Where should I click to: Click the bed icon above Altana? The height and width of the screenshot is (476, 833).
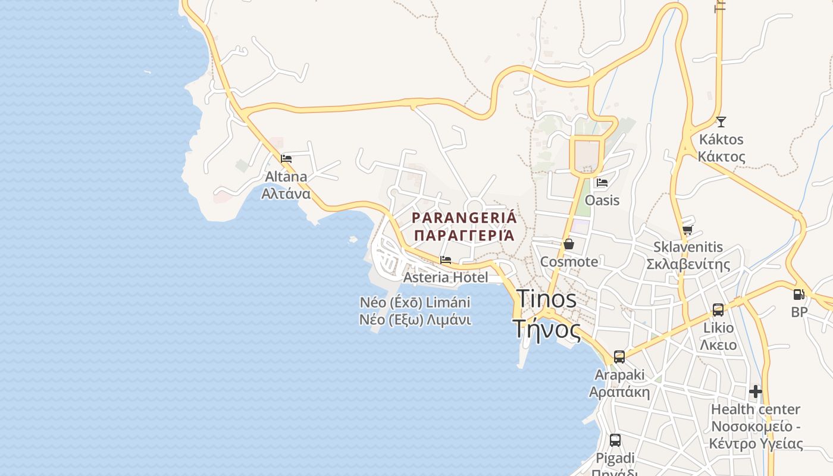(286, 159)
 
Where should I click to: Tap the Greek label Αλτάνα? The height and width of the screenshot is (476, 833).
(286, 194)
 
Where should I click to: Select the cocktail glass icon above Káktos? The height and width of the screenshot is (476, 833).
(721, 122)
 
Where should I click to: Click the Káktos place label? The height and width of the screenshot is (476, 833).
(721, 140)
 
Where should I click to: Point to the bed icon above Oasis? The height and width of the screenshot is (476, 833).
(602, 183)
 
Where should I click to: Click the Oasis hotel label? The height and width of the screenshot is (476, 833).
(602, 201)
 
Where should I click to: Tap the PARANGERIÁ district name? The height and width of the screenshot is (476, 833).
(464, 218)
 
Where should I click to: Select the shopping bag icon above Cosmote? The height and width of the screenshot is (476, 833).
(569, 244)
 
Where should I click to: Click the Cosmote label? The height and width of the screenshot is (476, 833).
(569, 262)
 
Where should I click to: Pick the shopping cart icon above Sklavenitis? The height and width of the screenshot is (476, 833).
(688, 230)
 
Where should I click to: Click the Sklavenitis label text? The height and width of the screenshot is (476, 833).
(688, 247)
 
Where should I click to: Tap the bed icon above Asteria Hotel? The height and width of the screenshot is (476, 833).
(446, 260)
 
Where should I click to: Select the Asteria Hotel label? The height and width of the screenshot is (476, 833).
(446, 278)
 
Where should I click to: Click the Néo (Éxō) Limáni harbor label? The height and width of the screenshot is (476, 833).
(415, 302)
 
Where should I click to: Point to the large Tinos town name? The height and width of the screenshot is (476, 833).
(546, 299)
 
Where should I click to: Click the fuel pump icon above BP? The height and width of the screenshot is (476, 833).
(798, 294)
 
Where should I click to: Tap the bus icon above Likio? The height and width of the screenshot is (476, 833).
(718, 310)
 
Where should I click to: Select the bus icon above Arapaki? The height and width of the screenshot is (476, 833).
(619, 357)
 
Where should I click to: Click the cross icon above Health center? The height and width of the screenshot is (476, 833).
(756, 392)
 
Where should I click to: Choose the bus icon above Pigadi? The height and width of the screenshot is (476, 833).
(615, 440)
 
